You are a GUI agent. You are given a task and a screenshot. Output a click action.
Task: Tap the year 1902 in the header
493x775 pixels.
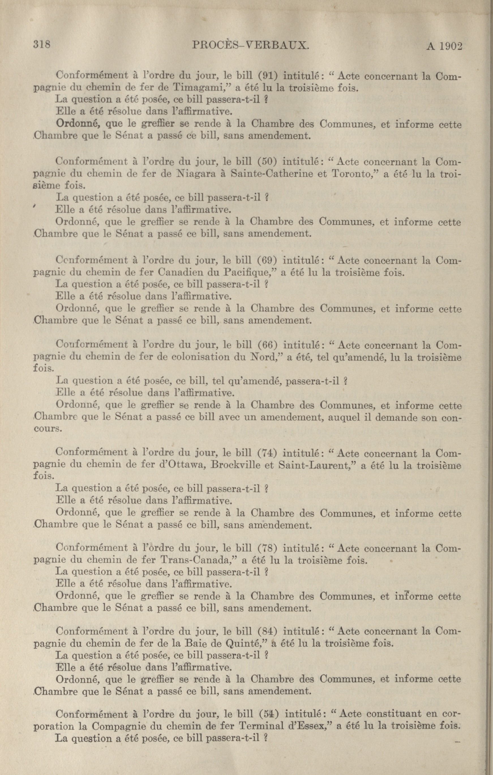[450, 46]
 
